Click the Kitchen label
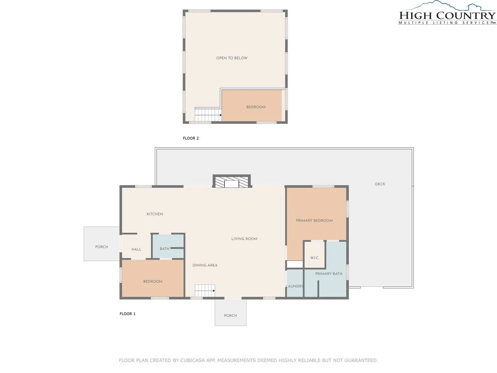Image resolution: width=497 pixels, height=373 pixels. [155, 214]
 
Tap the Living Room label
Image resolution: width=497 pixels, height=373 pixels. [245, 239]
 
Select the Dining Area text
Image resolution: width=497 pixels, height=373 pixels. [205, 265]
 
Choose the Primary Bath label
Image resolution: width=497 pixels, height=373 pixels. [329, 274]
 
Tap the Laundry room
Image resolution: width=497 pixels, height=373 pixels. [295, 284]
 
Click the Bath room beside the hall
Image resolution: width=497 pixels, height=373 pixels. [168, 246]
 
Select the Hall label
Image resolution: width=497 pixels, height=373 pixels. [136, 249]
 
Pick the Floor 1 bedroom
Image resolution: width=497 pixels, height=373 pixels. [153, 279]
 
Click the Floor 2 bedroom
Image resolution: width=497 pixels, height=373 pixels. [252, 105]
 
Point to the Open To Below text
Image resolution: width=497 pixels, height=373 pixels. [232, 58]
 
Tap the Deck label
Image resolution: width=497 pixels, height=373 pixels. [380, 184]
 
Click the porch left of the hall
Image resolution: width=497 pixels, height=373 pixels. [102, 244]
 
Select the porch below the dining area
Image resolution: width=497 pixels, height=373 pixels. [231, 312]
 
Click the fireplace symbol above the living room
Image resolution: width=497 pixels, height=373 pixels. [232, 182]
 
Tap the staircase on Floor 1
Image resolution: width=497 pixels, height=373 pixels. [205, 291]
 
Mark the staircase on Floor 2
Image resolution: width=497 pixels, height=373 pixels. [208, 115]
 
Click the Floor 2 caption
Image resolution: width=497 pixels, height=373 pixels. [191, 138]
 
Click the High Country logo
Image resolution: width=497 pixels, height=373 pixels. [447, 13]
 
